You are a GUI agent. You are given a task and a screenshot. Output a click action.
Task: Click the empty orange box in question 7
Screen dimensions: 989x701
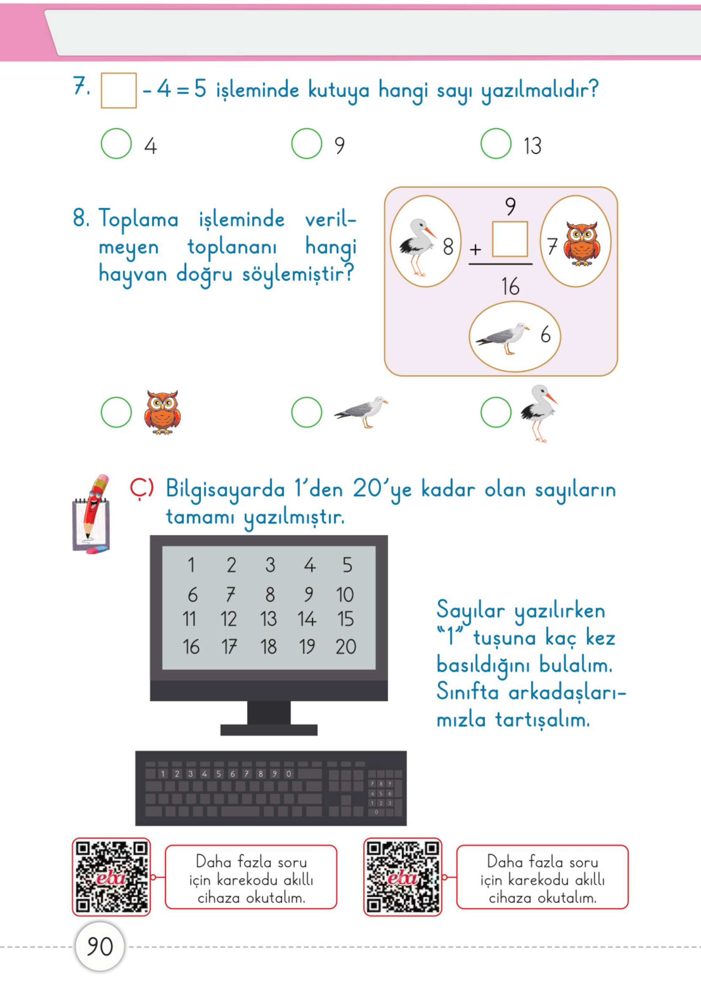tap(119, 90)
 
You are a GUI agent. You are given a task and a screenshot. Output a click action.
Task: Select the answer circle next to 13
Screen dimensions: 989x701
tap(496, 144)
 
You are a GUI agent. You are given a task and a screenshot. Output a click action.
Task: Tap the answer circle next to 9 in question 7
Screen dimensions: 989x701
tap(306, 144)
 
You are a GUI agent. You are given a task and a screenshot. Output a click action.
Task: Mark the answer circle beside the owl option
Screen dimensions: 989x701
tap(116, 412)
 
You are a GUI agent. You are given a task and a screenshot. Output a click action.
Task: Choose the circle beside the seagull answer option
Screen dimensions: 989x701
tap(306, 412)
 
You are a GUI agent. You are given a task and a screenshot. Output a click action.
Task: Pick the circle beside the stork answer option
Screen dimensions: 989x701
tap(496, 412)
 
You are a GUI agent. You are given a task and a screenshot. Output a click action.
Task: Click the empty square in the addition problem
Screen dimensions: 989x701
tap(510, 239)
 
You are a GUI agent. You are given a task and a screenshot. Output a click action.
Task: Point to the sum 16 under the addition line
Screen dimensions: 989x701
tap(510, 286)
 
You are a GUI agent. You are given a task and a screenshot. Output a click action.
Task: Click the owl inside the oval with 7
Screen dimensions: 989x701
tap(582, 243)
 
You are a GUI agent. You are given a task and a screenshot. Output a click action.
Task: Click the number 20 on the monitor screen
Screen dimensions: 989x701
tap(346, 647)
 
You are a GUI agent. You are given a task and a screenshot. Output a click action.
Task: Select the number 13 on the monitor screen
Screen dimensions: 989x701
tap(268, 619)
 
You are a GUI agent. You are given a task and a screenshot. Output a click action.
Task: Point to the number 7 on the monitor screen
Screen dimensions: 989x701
tap(231, 594)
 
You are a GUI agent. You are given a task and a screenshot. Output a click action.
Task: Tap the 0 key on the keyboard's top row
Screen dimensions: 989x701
tap(289, 774)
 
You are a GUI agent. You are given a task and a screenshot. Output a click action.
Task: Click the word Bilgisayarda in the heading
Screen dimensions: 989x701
tap(225, 489)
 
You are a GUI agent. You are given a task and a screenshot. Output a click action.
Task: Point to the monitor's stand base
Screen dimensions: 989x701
tap(268, 730)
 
